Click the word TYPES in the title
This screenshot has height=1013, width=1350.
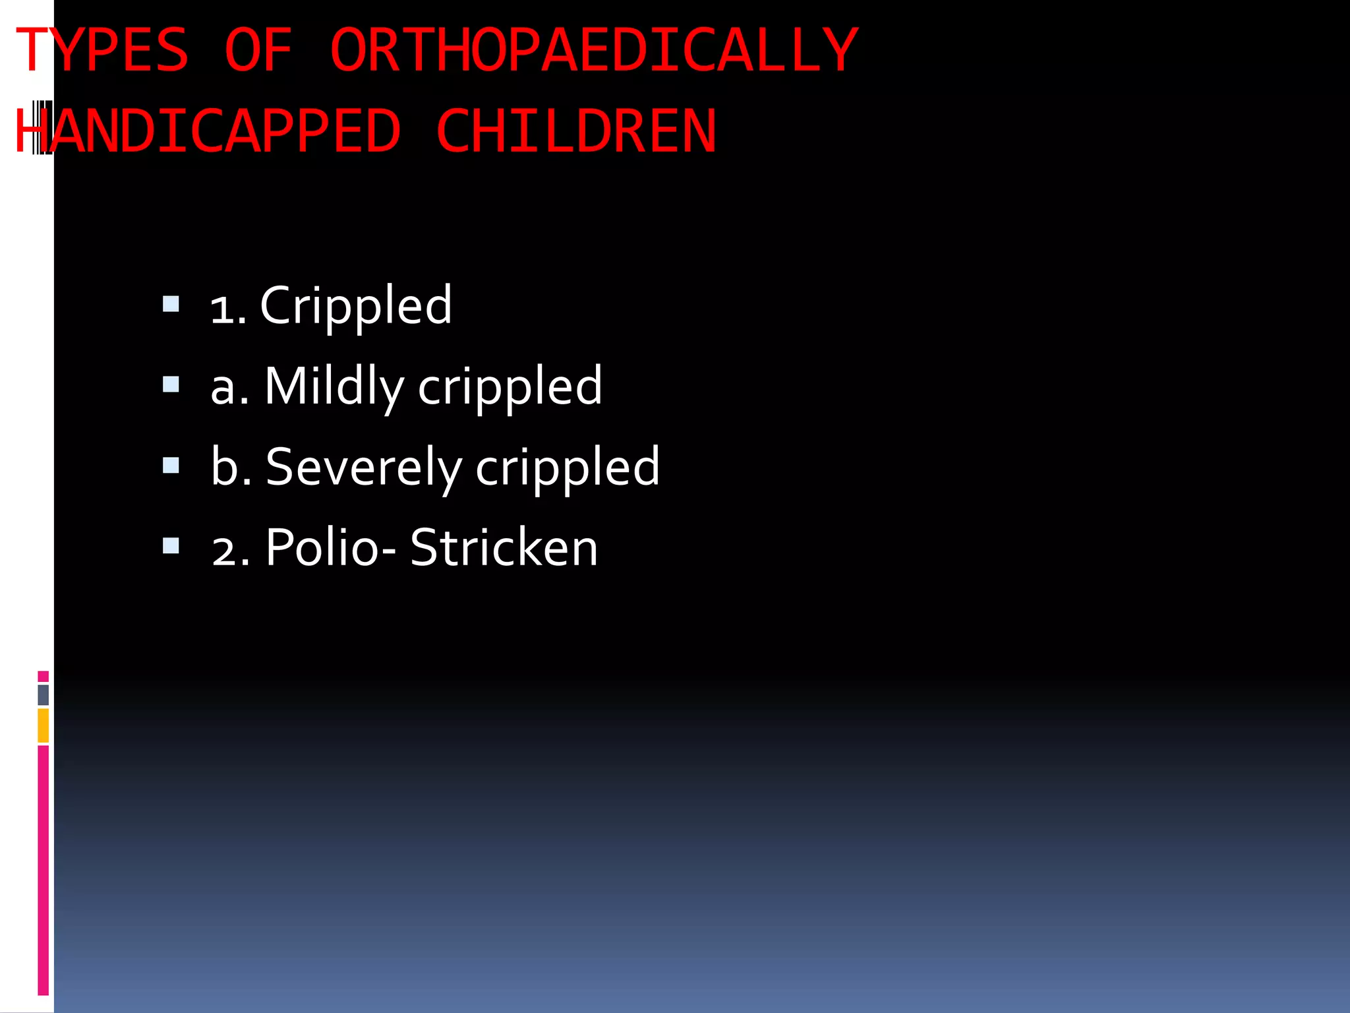102,50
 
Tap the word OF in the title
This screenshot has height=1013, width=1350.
258,50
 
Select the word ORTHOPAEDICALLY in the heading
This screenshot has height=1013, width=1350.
593,50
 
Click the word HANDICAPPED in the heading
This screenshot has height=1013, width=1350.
208,131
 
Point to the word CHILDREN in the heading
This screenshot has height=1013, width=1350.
575,131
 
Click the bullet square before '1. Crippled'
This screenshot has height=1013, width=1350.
171,304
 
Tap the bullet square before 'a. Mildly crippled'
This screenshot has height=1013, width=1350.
171,384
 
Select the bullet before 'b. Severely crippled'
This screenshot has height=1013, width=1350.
171,466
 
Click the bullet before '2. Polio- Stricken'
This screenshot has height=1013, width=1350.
171,545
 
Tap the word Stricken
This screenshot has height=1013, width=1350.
504,547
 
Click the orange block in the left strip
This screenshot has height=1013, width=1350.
44,725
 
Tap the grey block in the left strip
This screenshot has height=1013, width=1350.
44,695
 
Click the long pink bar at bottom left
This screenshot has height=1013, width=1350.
44,871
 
